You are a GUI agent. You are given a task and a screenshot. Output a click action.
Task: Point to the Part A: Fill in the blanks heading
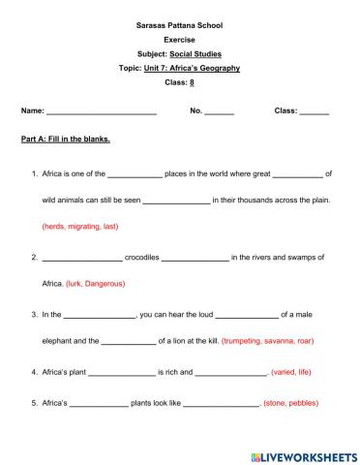click(x=66, y=139)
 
